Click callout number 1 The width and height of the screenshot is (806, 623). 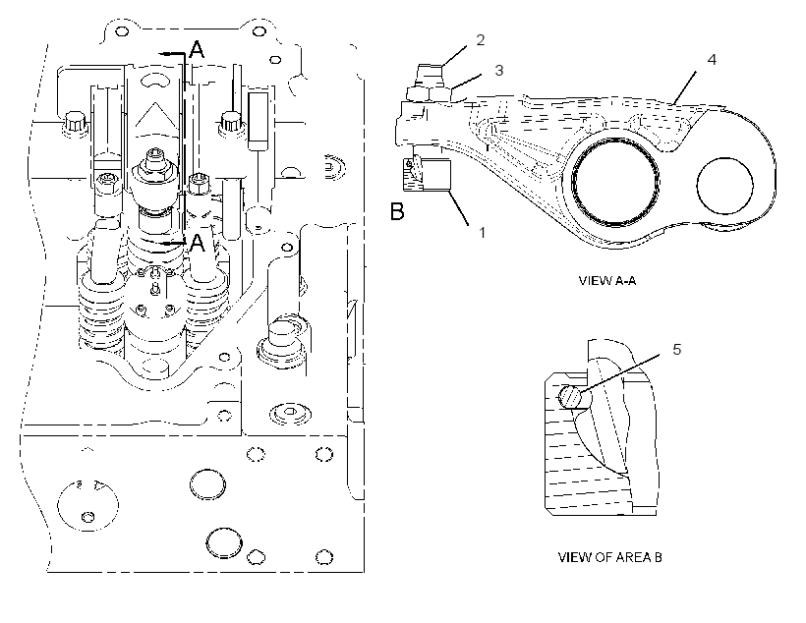(483, 233)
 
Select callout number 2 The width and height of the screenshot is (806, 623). (481, 39)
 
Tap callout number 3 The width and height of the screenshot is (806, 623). (498, 71)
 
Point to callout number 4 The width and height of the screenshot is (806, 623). (712, 60)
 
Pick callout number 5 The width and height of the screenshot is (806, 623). (677, 350)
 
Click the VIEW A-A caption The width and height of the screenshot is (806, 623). (607, 281)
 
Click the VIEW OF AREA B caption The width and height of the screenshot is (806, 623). (609, 557)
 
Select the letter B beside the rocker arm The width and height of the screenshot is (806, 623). (397, 211)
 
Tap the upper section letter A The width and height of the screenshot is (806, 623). (197, 50)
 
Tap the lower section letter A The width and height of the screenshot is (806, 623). (198, 243)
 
